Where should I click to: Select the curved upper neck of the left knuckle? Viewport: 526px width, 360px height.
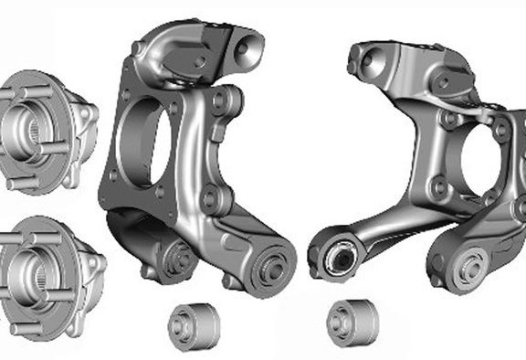coord(174,50)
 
